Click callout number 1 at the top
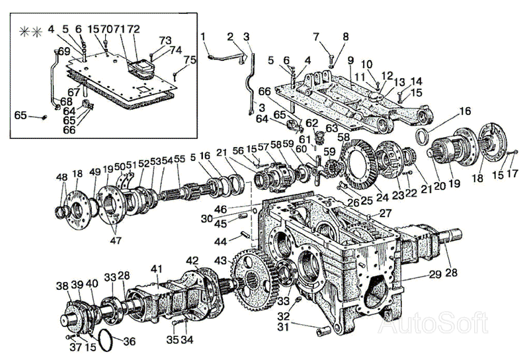tap(204, 36)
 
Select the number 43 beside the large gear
tap(220, 260)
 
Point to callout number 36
tap(130, 341)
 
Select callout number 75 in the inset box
tap(190, 60)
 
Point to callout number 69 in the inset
tap(63, 51)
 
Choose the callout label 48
tap(61, 177)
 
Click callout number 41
tap(157, 269)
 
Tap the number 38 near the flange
tap(62, 285)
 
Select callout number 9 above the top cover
tap(350, 60)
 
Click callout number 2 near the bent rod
tap(231, 36)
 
